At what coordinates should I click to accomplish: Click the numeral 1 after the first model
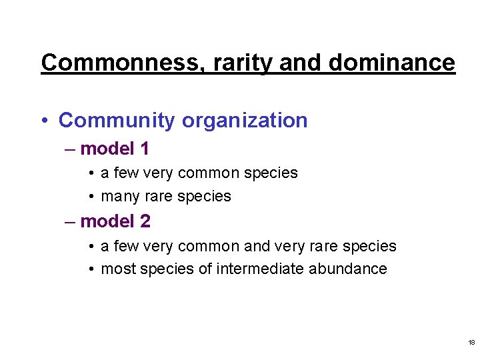tap(143, 148)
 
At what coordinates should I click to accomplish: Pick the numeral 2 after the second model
tap(144, 221)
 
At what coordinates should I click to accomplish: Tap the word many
tap(120, 197)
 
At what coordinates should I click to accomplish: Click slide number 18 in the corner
tap(471, 343)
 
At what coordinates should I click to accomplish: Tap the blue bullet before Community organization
tap(44, 121)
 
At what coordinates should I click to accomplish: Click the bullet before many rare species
tap(91, 197)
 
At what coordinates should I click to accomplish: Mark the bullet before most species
tap(91, 269)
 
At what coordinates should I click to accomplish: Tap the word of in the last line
tap(205, 269)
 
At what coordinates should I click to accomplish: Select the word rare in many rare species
tap(159, 197)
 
